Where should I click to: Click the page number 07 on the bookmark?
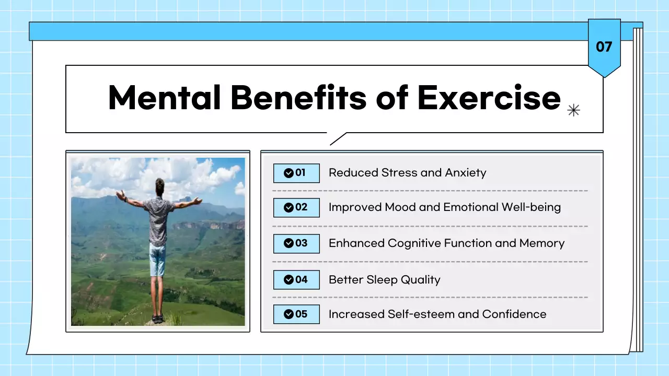[604, 47]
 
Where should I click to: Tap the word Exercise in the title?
[489, 97]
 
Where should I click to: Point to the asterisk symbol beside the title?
[574, 110]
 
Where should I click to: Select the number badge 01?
[296, 173]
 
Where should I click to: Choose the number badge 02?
[296, 207]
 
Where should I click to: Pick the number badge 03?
[296, 243]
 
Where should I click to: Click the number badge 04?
[296, 279]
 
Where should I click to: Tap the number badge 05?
[296, 314]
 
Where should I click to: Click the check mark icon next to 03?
[288, 243]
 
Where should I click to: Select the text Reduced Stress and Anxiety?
[407, 173]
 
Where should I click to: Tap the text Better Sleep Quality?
[384, 280]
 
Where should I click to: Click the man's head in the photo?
[159, 185]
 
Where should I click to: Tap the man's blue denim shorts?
[157, 260]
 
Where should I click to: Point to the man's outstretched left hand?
[120, 195]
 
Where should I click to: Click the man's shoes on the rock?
[158, 318]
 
